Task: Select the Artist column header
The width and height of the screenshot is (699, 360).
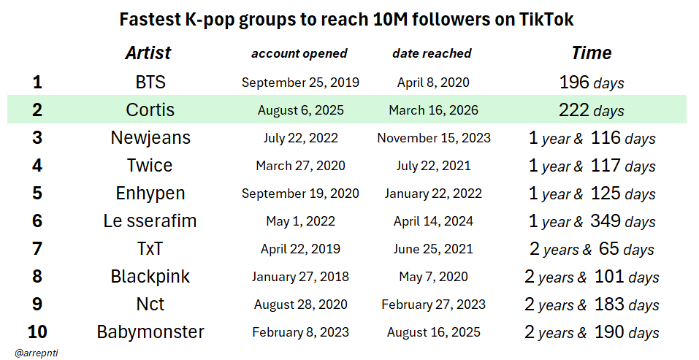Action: [148, 53]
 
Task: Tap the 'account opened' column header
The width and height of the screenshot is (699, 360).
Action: [299, 53]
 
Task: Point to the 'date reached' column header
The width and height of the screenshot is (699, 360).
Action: [432, 53]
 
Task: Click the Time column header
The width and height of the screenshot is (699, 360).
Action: [591, 53]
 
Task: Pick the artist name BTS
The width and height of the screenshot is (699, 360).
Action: [150, 83]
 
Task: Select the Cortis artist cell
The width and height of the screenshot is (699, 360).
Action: [150, 110]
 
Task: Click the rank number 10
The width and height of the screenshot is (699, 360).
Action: [37, 332]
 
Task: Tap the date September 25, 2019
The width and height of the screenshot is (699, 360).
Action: [300, 83]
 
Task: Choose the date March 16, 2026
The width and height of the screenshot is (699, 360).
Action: [435, 110]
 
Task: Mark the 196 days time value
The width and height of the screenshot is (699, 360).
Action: [591, 83]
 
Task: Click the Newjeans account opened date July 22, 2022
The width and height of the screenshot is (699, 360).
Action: [300, 138]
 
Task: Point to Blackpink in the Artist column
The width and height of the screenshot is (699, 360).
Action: [150, 277]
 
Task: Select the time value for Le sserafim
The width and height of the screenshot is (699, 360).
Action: [592, 221]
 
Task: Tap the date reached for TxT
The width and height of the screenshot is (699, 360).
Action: [435, 249]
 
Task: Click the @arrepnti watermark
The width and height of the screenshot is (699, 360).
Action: [36, 352]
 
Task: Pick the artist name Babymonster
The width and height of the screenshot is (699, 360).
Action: [150, 332]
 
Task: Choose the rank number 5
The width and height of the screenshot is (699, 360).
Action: [37, 194]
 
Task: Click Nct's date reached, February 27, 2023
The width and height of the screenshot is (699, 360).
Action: [434, 305]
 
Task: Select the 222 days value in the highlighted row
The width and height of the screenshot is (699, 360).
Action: [591, 110]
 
